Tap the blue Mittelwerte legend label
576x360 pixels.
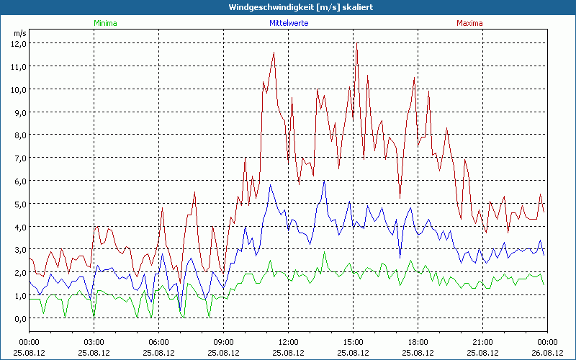pyautogui.click(x=288, y=23)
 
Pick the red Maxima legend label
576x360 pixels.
pyautogui.click(x=469, y=23)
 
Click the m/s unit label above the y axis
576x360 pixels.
pyautogui.click(x=19, y=33)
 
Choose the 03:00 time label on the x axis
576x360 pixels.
pyautogui.click(x=94, y=342)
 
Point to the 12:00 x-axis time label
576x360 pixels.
pyautogui.click(x=289, y=342)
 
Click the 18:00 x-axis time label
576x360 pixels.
pyautogui.click(x=418, y=342)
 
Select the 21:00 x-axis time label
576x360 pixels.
pyautogui.click(x=483, y=342)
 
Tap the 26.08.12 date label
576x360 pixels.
pyautogui.click(x=547, y=353)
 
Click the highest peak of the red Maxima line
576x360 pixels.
pyautogui.click(x=356, y=45)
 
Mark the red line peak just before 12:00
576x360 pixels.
pyautogui.click(x=274, y=53)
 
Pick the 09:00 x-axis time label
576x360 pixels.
pyautogui.click(x=224, y=342)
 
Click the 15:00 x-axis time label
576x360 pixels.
pyautogui.click(x=354, y=342)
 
